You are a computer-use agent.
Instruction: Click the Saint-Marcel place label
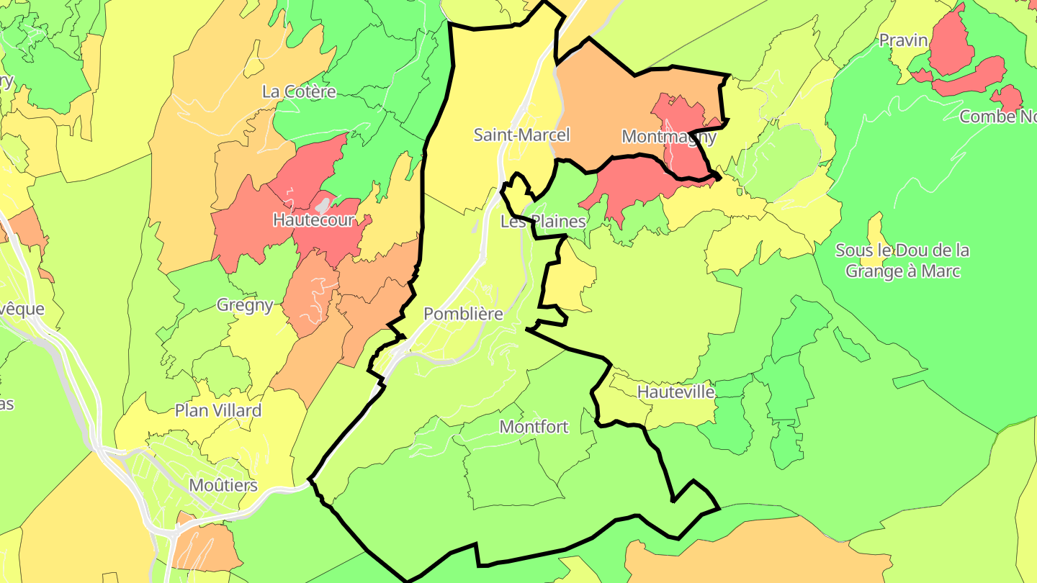[521, 135]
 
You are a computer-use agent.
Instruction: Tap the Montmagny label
[668, 136]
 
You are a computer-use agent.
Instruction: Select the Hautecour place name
[313, 220]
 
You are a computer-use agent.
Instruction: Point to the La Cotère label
[299, 91]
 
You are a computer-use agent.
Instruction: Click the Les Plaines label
[543, 221]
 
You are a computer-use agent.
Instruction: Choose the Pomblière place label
[463, 314]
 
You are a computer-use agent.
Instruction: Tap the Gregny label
[245, 304]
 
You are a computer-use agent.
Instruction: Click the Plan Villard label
[218, 410]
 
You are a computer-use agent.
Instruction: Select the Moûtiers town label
[223, 485]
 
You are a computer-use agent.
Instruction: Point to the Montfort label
[534, 427]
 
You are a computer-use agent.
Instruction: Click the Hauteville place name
[676, 392]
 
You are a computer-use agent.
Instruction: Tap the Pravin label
[903, 40]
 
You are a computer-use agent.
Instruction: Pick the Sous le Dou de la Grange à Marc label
[902, 261]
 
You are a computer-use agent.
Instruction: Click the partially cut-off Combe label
[998, 117]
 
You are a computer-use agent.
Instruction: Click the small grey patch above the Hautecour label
[325, 205]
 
